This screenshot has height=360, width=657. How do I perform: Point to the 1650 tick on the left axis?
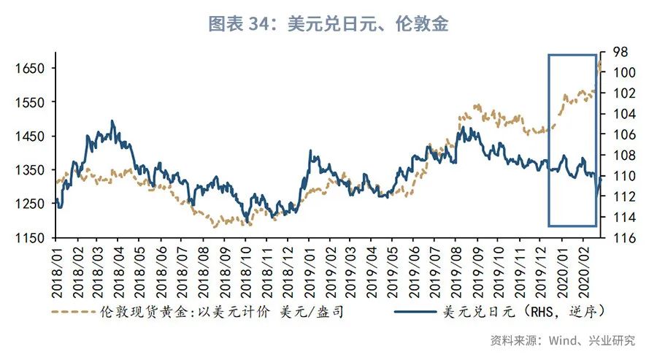coord(30,69)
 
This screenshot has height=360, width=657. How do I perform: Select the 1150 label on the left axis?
coord(30,238)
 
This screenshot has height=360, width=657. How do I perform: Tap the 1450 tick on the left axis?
coord(30,137)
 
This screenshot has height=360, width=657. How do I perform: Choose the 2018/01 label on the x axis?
coord(57,272)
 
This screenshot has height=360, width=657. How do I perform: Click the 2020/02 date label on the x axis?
coord(586,272)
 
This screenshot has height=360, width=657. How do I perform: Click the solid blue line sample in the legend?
coord(417,313)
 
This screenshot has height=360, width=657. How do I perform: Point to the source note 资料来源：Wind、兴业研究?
coord(562,340)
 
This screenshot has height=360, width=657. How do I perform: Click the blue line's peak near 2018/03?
coord(112,121)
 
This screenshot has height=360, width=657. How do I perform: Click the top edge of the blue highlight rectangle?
coord(572,54)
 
